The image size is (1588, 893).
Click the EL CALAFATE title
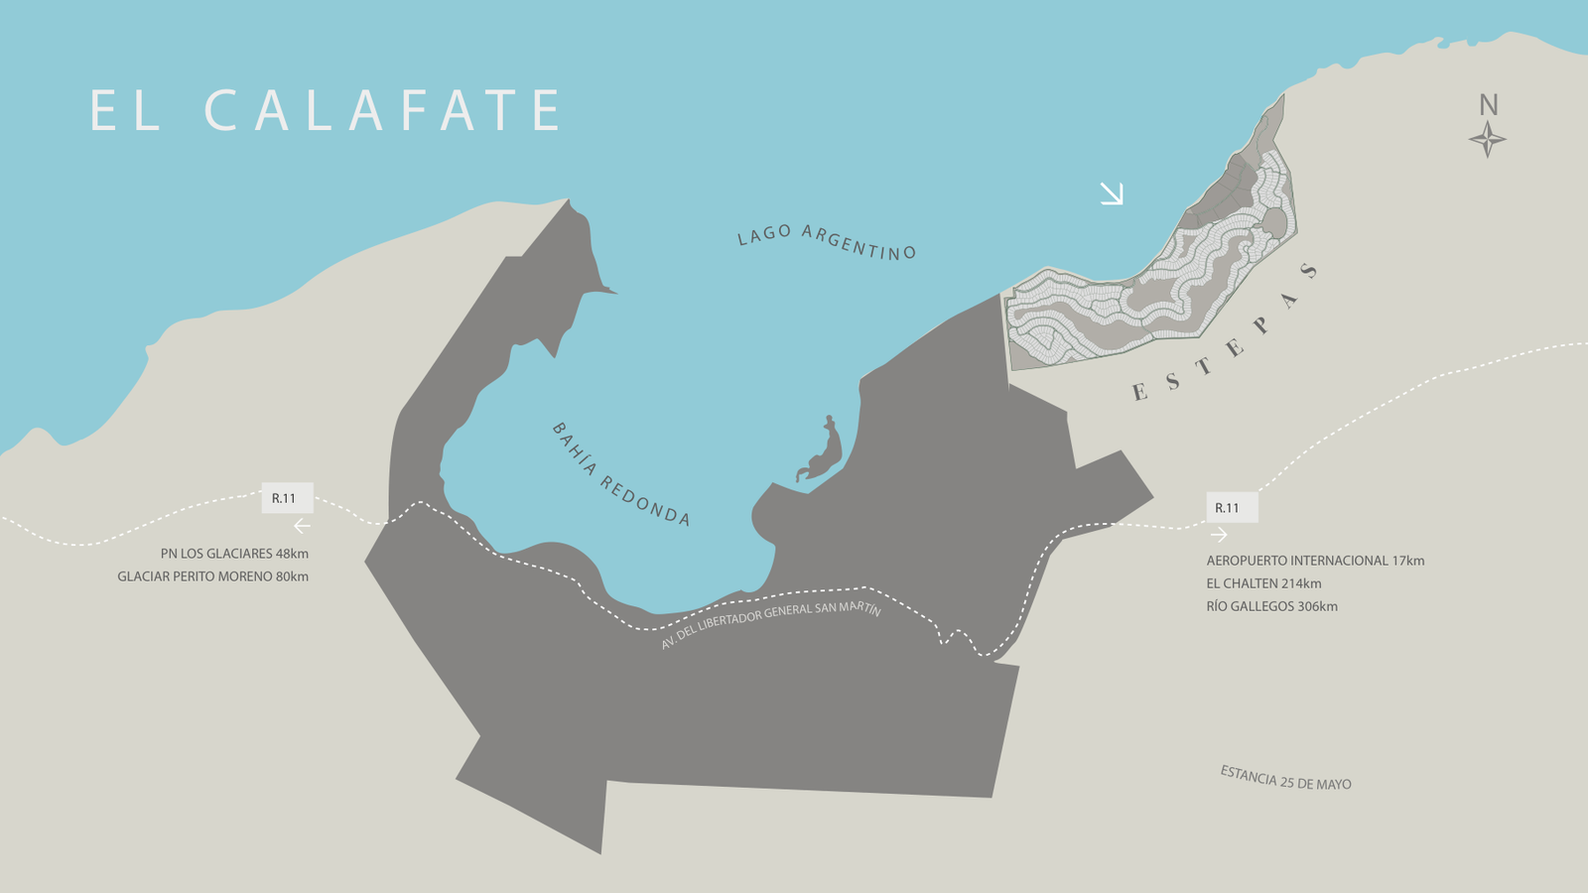click(326, 110)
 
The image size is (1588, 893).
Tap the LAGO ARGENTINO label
click(826, 241)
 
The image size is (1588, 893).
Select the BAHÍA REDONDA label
click(621, 474)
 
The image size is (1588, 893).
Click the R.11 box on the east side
click(1232, 508)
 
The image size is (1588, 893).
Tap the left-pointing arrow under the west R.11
click(302, 527)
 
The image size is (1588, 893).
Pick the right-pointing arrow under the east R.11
click(1219, 535)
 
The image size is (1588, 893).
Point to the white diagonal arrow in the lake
click(1112, 193)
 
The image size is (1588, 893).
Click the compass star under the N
click(1487, 140)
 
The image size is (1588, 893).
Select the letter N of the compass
click(1488, 105)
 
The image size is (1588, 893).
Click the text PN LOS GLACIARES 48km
click(234, 554)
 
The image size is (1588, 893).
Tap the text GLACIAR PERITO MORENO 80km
click(212, 576)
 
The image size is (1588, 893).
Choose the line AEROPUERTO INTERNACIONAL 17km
click(1315, 561)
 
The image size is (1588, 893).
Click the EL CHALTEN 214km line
click(1263, 583)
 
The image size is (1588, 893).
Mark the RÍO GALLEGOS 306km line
click(1271, 606)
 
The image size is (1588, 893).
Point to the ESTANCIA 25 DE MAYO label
click(1285, 778)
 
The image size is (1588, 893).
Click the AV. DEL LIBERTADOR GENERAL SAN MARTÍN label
click(771, 624)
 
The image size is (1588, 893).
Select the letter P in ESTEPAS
click(1260, 324)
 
